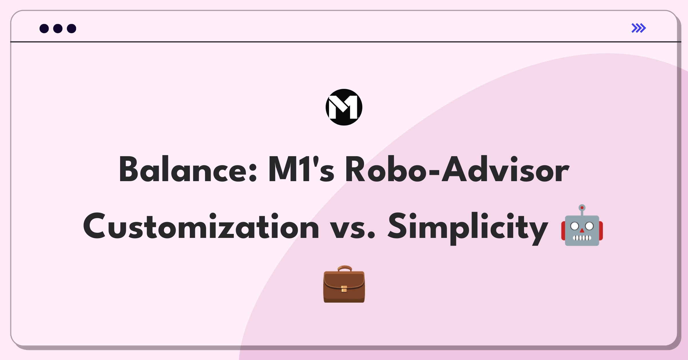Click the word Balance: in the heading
pyautogui.click(x=188, y=170)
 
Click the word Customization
pyautogui.click(x=201, y=226)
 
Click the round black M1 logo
pyautogui.click(x=344, y=107)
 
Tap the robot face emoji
pyautogui.click(x=582, y=225)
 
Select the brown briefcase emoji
pyautogui.click(x=344, y=284)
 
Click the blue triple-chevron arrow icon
pyautogui.click(x=639, y=28)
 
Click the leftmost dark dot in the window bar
pyautogui.click(x=44, y=29)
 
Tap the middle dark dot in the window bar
pyautogui.click(x=58, y=29)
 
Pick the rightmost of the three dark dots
pyautogui.click(x=72, y=29)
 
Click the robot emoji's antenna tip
pyautogui.click(x=582, y=208)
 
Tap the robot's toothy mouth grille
pyautogui.click(x=582, y=238)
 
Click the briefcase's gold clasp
pyautogui.click(x=344, y=289)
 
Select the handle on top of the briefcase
pyautogui.click(x=345, y=268)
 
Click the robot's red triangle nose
pyautogui.click(x=582, y=230)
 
